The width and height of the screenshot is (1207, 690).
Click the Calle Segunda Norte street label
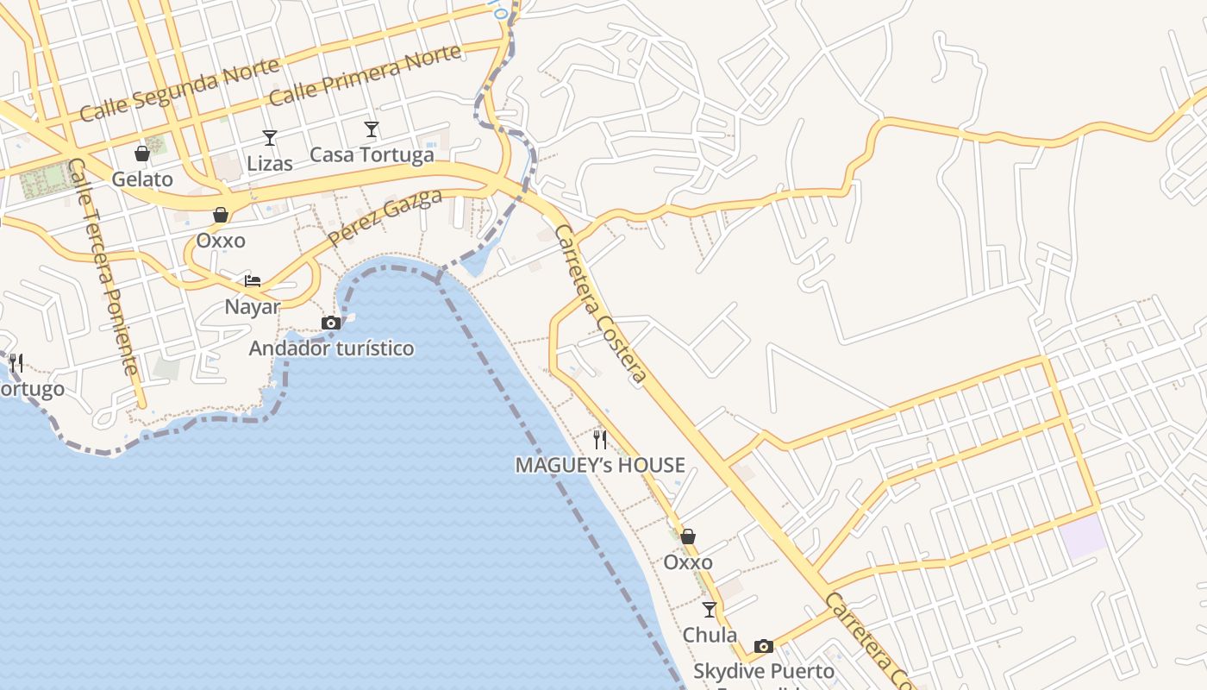coord(179,89)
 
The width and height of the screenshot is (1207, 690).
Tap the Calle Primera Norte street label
coord(365,73)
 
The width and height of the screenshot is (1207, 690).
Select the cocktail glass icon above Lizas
coord(270,137)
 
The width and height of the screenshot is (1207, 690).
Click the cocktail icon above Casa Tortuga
coord(372,129)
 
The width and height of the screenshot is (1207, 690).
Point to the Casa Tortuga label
coord(372,155)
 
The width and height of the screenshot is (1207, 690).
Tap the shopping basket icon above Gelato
coord(142,154)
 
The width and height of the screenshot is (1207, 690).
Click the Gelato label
coord(142,179)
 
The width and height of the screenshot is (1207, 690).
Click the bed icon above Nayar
coord(253,280)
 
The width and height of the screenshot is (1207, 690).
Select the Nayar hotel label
coord(253,307)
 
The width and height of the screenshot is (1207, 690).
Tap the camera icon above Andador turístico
coord(331,323)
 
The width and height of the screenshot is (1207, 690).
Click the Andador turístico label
coord(331,348)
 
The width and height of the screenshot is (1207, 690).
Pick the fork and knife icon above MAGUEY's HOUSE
coord(600,440)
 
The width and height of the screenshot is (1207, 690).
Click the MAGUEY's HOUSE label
coord(600,466)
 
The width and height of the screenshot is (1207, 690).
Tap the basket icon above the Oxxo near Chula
coord(688,536)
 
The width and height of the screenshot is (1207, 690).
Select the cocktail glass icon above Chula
coord(710,610)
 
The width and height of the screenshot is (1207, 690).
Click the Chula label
coord(710,635)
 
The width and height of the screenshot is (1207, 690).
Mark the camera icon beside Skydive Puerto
coord(764,646)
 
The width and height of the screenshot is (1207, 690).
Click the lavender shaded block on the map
coord(1084,535)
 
